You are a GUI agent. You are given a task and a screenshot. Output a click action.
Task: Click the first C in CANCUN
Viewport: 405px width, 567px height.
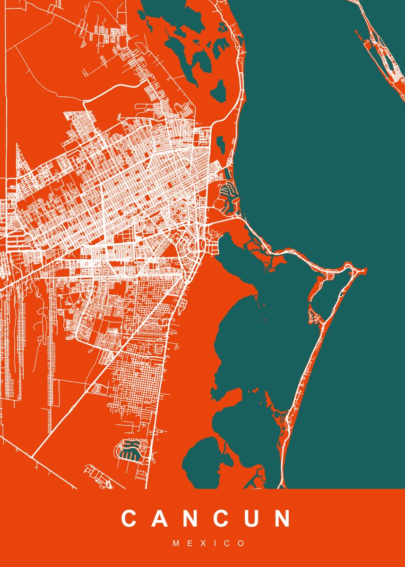coord(130,518)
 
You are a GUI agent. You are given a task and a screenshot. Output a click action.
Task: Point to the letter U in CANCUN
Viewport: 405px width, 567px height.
coord(251,518)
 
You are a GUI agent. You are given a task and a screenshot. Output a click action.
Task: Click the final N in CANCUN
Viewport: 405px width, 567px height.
coord(282,518)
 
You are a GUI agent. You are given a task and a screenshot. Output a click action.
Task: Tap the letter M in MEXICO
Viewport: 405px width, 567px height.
coord(176,543)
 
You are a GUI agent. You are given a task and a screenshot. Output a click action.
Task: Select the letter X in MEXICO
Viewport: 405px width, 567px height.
coord(204,543)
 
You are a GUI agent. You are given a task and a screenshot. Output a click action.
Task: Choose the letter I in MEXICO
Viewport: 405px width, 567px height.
coord(216,543)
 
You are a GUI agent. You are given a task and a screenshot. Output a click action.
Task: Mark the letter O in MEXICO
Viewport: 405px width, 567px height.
coord(242,543)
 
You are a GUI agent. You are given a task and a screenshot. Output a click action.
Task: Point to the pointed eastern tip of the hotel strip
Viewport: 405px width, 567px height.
coord(364,270)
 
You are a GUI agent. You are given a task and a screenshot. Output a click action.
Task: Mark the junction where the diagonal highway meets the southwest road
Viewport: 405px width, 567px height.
coord(31,457)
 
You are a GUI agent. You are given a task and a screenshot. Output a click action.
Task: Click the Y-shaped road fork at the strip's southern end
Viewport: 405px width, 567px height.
coord(283,416)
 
